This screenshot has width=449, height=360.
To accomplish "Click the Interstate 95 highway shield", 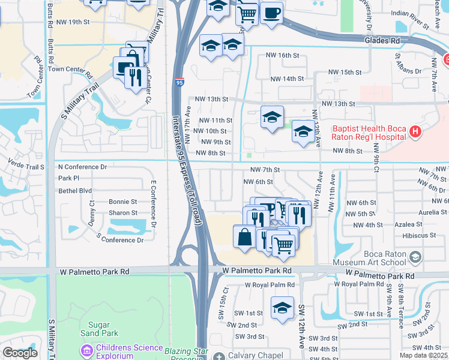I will (x=180, y=82).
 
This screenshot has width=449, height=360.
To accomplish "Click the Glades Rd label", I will (x=382, y=40).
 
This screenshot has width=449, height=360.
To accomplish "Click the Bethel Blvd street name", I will (x=75, y=190).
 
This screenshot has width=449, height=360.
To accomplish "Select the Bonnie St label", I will (x=123, y=202).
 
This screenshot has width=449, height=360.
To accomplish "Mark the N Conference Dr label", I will (x=82, y=167).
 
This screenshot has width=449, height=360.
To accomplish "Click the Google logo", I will (x=20, y=353).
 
